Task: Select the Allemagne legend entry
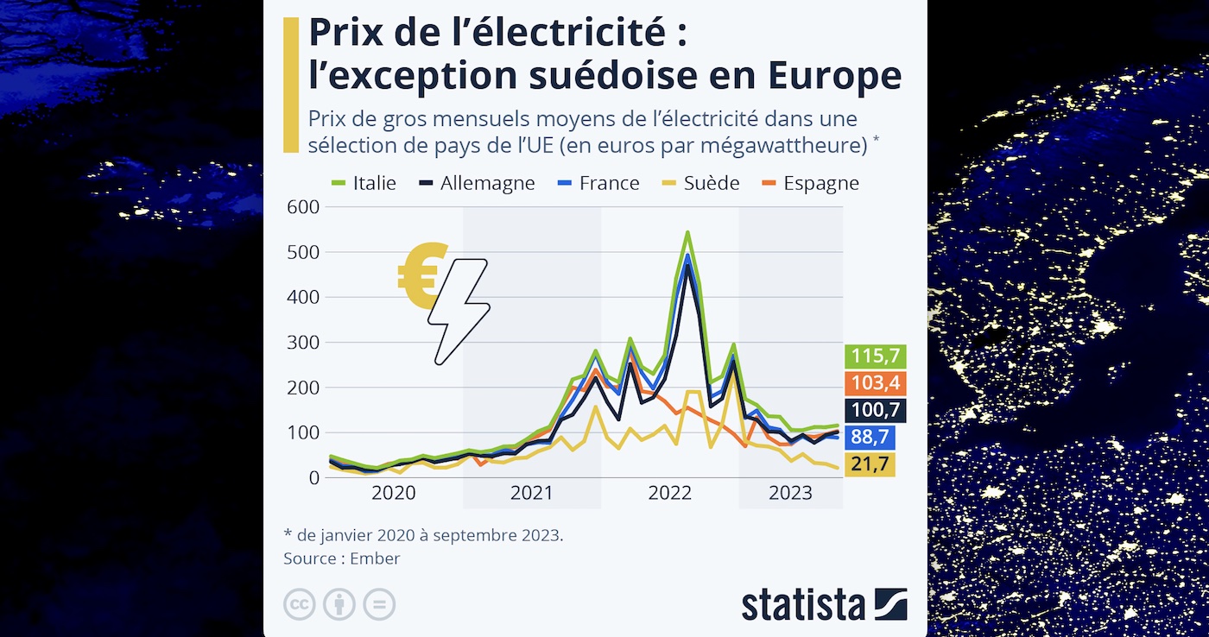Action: tap(478, 183)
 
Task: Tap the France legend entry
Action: tap(599, 183)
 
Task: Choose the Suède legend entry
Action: tap(701, 183)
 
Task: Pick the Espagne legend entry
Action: tap(811, 183)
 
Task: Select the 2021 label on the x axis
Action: tap(532, 494)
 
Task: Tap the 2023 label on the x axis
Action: tap(790, 494)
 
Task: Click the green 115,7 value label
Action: tap(876, 356)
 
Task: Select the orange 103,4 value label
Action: tap(876, 384)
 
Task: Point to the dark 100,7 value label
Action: tap(876, 411)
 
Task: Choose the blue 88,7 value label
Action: tap(870, 438)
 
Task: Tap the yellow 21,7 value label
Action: tap(870, 464)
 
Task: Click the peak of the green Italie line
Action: tap(687, 232)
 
